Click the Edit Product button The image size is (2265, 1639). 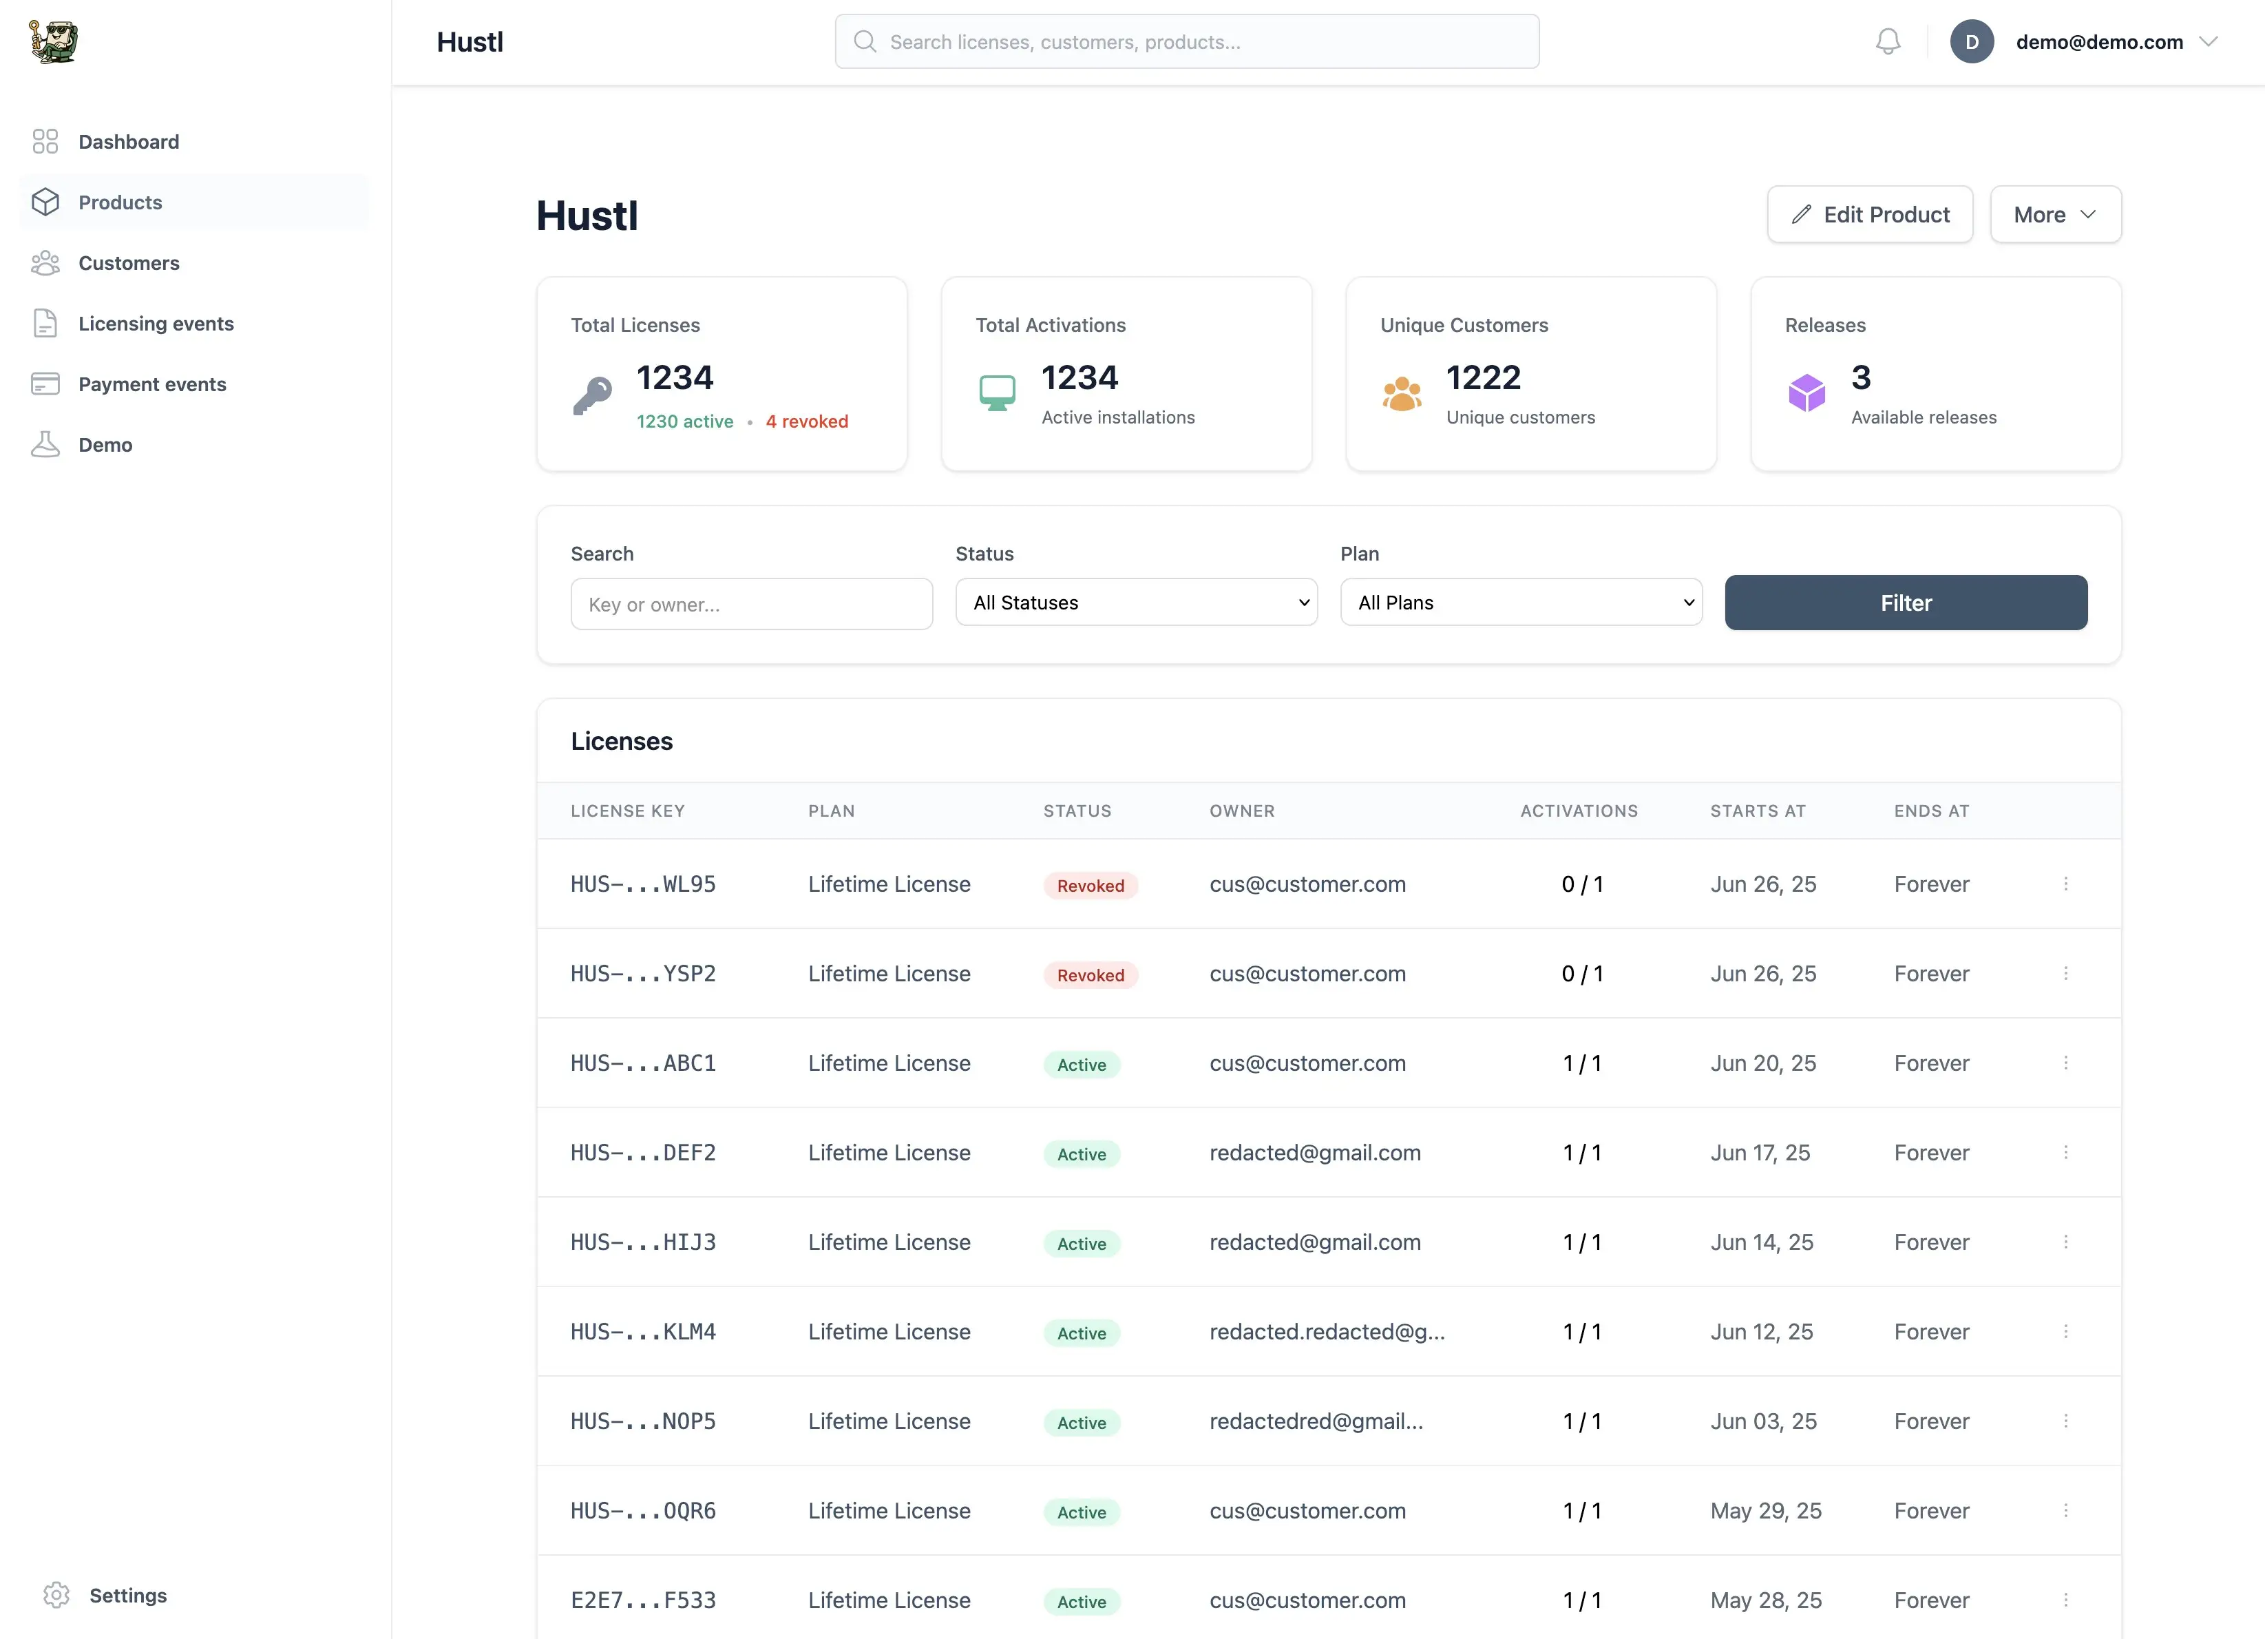coord(1870,215)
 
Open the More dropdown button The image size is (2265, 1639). coord(2054,215)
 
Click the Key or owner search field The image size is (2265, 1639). coord(751,604)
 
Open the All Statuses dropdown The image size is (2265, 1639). coord(1135,603)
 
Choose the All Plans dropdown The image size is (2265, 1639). coord(1520,603)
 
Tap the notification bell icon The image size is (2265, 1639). coord(1888,42)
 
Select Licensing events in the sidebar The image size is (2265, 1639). coord(156,324)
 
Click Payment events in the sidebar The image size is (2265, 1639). coord(151,384)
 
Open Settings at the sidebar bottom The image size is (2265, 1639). coord(128,1595)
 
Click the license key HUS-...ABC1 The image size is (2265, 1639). coord(643,1063)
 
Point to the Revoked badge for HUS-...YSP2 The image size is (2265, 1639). coord(1090,975)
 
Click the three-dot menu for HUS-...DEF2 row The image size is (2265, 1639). coord(2065,1153)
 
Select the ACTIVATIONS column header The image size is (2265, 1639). coord(1578,811)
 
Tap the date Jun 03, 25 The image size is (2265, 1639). coord(1762,1421)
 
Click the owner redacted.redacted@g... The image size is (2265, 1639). coord(1326,1331)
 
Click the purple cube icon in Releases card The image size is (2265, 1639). coord(1806,393)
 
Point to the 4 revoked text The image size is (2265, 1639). coord(806,421)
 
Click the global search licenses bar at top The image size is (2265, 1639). coord(1186,42)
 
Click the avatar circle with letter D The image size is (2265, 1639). coord(1972,42)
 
